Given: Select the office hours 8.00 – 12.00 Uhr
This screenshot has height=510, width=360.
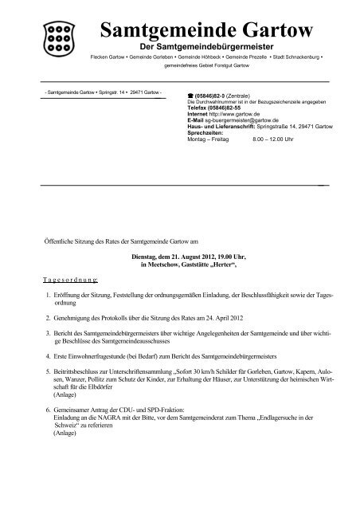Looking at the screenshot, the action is point(270,139).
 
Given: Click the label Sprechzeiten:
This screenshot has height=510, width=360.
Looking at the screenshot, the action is point(205,134).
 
